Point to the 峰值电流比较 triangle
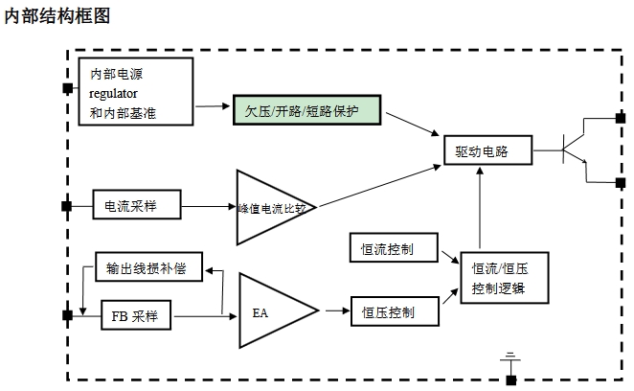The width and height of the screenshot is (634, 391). coord(271,206)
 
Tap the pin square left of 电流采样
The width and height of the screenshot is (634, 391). coord(66,206)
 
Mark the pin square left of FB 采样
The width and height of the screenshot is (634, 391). coord(66,314)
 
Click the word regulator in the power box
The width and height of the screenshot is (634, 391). coord(114,94)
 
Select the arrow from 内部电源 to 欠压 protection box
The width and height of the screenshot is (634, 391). coord(214,104)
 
